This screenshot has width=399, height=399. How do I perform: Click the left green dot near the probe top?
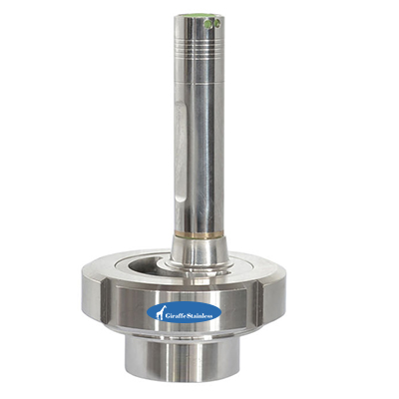[208, 24]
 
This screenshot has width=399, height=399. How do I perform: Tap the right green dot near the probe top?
[217, 24]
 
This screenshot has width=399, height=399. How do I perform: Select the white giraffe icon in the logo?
[162, 312]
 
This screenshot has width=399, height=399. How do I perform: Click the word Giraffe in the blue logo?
[176, 316]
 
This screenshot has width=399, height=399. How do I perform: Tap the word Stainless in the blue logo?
[199, 316]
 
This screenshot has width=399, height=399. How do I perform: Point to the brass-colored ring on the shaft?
[199, 235]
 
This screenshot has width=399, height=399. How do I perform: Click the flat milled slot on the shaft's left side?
[180, 152]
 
